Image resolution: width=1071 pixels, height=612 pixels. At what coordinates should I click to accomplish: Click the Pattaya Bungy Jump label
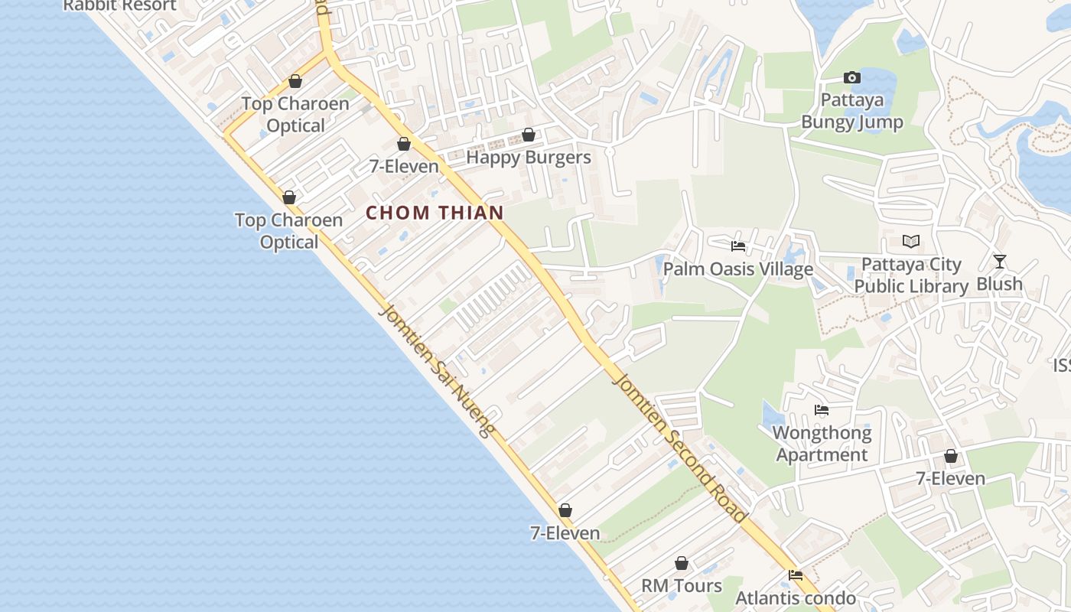pos(851,111)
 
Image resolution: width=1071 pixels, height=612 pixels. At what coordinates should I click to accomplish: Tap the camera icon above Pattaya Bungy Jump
pos(851,77)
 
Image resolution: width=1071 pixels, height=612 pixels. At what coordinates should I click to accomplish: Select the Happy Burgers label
pos(529,158)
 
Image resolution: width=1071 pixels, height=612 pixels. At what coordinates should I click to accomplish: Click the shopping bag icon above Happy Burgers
pos(528,135)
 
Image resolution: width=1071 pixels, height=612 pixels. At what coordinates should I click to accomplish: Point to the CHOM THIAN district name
pos(435,213)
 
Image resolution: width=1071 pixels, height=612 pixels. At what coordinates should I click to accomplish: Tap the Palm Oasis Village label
pos(737,269)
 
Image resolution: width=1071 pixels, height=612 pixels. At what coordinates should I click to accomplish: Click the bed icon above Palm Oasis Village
pos(738,246)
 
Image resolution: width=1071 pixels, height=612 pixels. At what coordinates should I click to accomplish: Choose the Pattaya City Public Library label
pos(911,275)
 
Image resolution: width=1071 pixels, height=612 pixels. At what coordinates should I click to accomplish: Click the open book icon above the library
pos(910,242)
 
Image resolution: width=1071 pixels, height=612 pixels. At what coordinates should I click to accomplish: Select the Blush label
pos(999,284)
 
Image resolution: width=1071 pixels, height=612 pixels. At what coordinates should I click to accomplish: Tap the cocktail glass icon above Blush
pos(999,262)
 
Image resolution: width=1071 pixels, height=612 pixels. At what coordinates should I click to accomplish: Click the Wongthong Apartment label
pos(822,444)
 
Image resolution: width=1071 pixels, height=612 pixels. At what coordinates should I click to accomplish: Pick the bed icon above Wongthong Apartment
pos(822,410)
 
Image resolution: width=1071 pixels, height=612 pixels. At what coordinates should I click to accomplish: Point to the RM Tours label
pos(681,586)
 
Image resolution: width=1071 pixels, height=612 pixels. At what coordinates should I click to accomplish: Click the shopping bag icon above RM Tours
pos(681,564)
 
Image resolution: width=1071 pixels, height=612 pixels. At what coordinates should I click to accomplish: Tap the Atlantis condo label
pos(796,598)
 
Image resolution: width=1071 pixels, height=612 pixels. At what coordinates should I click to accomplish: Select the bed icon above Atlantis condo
pos(796,575)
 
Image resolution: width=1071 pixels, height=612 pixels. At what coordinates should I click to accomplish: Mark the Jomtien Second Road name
pos(679,448)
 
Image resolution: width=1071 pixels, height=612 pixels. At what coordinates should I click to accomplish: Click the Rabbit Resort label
pos(119,5)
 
